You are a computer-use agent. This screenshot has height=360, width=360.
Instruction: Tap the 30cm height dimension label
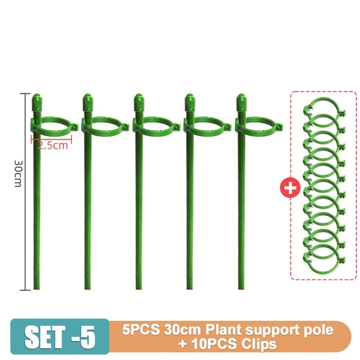tap(18, 175)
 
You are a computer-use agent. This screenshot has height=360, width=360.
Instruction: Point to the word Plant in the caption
tap(221, 330)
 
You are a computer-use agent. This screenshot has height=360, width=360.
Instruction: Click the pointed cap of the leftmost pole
tap(37, 103)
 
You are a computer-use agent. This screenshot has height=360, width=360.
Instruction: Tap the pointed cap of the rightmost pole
tap(241, 103)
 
